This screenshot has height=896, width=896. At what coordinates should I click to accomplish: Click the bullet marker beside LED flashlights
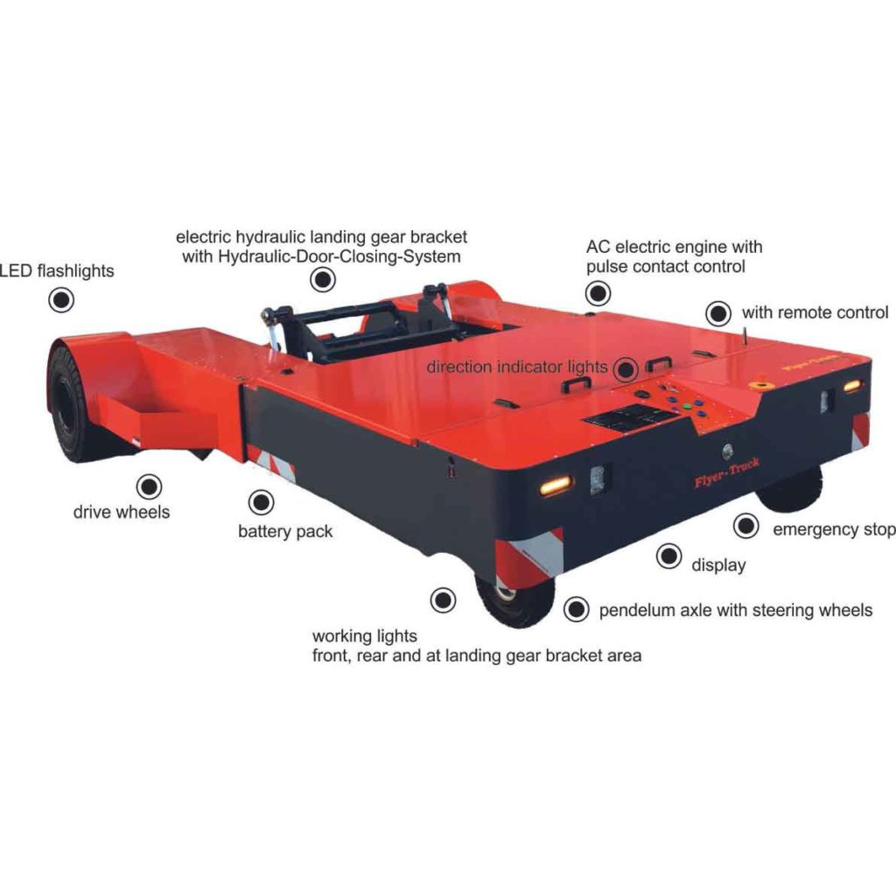click(61, 300)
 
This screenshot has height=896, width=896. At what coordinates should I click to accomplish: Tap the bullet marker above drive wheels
click(149, 486)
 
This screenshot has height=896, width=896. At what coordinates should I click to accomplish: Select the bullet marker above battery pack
click(261, 502)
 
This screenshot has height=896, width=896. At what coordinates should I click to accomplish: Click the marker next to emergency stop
click(745, 526)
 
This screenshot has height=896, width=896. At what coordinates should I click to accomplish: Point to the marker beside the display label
click(668, 556)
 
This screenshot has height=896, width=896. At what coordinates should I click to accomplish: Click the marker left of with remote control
click(718, 313)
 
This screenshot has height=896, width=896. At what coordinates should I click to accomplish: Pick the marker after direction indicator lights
click(626, 369)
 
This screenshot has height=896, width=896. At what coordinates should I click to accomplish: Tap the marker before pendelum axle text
click(576, 609)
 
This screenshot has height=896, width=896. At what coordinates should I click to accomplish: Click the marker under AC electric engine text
click(598, 294)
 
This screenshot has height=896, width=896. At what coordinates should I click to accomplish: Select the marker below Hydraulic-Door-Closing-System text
click(323, 279)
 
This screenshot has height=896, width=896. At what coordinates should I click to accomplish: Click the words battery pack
click(285, 531)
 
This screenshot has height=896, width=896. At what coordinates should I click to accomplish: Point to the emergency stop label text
click(834, 529)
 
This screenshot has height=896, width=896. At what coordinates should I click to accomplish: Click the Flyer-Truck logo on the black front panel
click(727, 472)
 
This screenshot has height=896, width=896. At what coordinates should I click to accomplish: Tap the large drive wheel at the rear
click(68, 402)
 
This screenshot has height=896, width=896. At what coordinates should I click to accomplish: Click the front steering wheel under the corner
click(514, 602)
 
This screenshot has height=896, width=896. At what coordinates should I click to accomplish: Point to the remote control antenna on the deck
click(745, 335)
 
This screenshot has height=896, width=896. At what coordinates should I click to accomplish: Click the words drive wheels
click(121, 512)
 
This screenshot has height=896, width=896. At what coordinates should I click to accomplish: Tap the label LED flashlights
click(57, 271)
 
